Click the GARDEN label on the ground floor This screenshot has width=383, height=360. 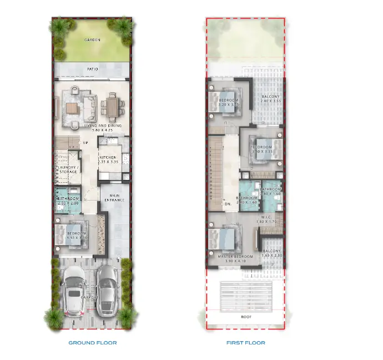(x=92, y=40)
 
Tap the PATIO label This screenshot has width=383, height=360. (x=92, y=69)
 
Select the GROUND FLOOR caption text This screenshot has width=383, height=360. (x=92, y=343)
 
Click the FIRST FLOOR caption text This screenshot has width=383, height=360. (x=245, y=343)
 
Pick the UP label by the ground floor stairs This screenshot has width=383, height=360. (x=85, y=143)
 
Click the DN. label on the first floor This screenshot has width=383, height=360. (x=228, y=204)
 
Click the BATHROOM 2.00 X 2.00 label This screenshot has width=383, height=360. (x=67, y=201)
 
